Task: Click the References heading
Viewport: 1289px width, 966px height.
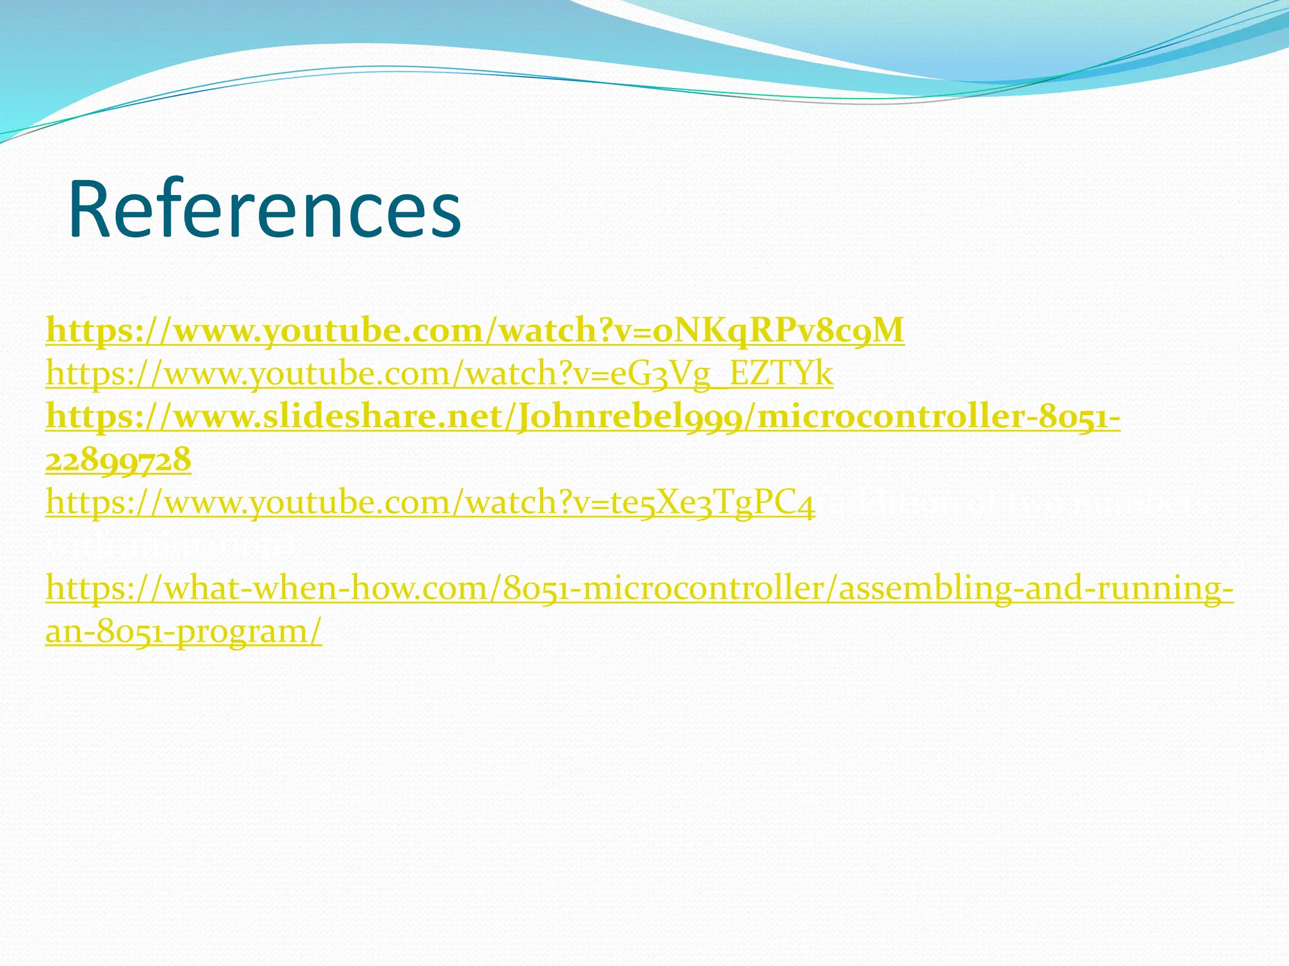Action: coord(264,209)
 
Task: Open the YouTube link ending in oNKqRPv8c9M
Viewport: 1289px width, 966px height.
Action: coord(475,331)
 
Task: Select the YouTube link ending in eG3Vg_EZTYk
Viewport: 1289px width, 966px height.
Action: coord(439,374)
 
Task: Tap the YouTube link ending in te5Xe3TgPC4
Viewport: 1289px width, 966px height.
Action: coord(431,503)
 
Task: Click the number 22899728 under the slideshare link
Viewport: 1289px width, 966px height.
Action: coord(118,460)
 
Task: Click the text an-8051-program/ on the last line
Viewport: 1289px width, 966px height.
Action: coord(184,631)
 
